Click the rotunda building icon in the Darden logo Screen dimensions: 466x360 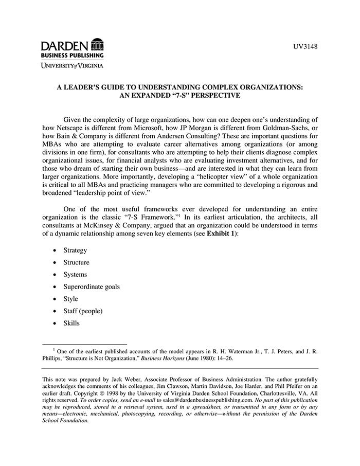tap(97, 45)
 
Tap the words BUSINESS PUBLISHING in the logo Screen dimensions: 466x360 tap(72, 55)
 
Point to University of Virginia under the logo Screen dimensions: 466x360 tap(72, 65)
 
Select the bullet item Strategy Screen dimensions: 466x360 tap(75, 250)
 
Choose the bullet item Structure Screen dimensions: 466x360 tap(76, 262)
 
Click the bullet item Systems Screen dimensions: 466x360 tap(75, 275)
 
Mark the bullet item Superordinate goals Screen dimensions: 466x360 tap(92, 286)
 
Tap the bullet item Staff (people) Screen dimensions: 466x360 tap(83, 311)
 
